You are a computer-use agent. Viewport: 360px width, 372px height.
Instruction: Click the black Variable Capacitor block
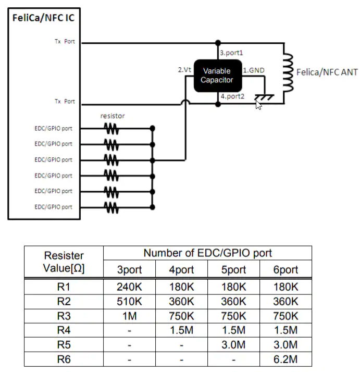tap(217, 76)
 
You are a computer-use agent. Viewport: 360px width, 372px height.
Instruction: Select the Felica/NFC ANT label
tap(327, 72)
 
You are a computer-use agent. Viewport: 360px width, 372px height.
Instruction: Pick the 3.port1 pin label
tap(232, 53)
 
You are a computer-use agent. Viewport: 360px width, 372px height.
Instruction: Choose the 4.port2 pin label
tap(232, 96)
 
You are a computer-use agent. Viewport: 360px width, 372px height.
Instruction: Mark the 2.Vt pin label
tap(185, 69)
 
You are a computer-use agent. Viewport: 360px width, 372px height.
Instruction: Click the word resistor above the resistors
tap(113, 116)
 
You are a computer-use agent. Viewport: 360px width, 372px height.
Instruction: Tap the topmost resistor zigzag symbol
tap(111, 128)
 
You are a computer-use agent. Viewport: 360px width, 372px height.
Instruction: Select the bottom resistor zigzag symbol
tap(111, 207)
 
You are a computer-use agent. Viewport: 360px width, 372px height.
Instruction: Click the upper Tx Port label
tap(65, 42)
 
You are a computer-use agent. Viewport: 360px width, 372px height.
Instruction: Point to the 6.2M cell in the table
tap(285, 359)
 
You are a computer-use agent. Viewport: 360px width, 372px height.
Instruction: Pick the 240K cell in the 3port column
tap(129, 287)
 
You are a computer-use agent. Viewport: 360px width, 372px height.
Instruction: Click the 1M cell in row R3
tap(129, 316)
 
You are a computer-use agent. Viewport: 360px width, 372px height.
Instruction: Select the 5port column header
tap(233, 270)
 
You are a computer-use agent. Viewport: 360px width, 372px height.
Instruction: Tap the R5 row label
tap(64, 345)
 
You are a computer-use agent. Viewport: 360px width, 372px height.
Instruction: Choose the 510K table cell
tap(129, 301)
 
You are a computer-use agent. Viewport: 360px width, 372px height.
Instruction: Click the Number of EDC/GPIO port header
tap(207, 254)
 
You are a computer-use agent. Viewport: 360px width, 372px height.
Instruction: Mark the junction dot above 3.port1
tap(218, 42)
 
